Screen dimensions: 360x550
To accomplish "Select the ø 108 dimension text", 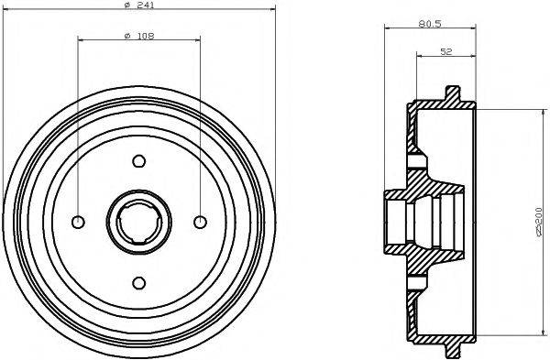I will (x=138, y=36).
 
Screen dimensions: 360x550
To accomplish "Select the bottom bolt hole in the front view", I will (x=138, y=281).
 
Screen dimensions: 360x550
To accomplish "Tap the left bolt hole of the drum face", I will (x=79, y=222).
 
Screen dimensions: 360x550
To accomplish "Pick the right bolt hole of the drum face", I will (x=199, y=222).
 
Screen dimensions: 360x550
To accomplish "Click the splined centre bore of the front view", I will (x=138, y=222).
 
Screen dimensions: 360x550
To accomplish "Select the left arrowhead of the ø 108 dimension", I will (x=82, y=41).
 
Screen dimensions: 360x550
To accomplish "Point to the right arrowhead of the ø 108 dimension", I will (x=196, y=41).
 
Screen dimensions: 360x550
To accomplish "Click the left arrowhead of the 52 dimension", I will (x=419, y=56).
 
